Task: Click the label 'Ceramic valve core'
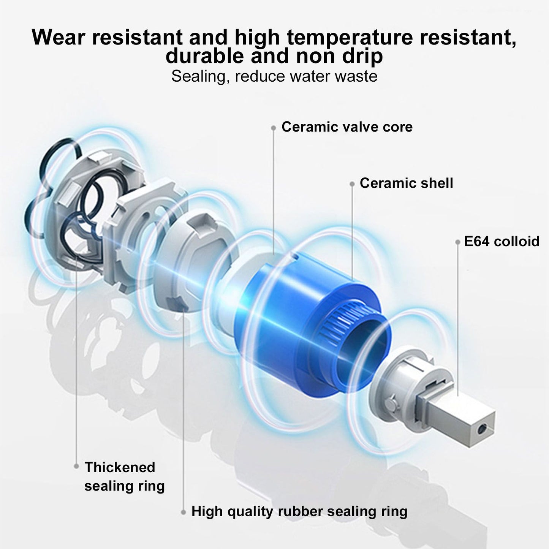coord(347,127)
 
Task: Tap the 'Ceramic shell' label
coord(406,183)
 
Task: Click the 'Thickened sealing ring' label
coord(125,477)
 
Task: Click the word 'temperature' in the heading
coord(350,38)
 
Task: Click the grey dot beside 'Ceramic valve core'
coord(274,128)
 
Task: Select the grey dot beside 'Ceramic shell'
coord(352,184)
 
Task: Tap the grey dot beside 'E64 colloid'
coord(457,242)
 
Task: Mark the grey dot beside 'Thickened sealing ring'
coord(76,467)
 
